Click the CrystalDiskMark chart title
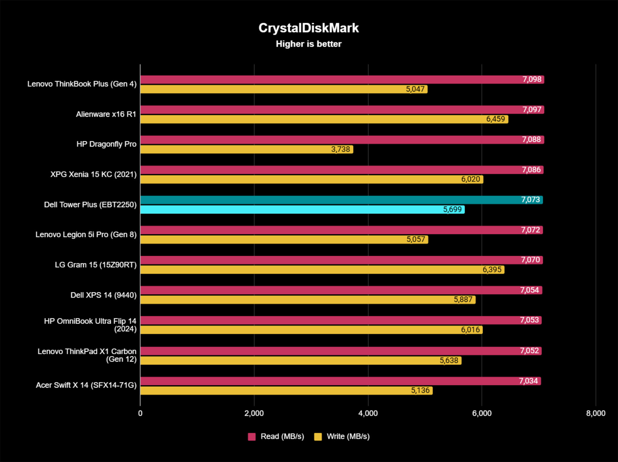[x=308, y=28]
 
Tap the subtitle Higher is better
[x=308, y=44]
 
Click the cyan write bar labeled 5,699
[x=302, y=209]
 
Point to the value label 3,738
[x=340, y=149]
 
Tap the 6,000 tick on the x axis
[x=482, y=413]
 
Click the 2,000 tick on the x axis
[x=254, y=413]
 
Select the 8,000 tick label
[x=595, y=413]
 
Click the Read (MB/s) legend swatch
[x=252, y=437]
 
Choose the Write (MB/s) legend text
[x=348, y=436]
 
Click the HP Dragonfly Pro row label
[x=106, y=144]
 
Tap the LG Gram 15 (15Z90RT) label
[x=95, y=265]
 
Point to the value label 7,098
[x=532, y=79]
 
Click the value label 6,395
[x=492, y=269]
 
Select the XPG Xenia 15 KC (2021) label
[x=93, y=174]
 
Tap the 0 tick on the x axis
[x=140, y=413]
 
